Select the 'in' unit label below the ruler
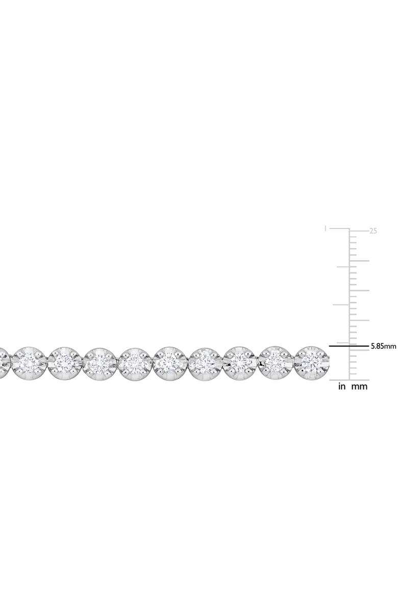(342, 387)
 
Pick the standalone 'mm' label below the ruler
(360, 387)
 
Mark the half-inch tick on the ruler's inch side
(341, 305)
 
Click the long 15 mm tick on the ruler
(359, 290)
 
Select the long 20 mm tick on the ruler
(359, 261)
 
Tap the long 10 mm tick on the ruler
(359, 320)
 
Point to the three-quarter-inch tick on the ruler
(341, 266)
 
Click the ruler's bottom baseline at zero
(349, 380)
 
